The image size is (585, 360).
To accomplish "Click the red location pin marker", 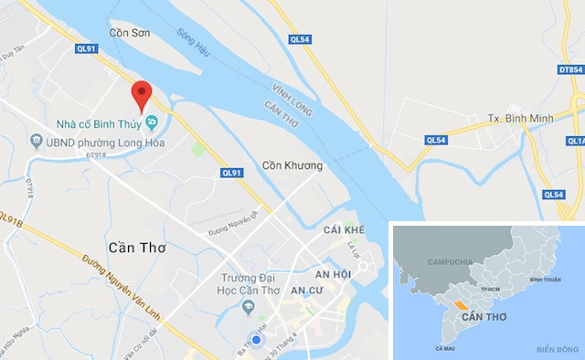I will coord(141,95).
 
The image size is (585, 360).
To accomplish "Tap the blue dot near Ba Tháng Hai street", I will coord(257,341).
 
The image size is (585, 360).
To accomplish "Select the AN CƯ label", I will coord(306,290).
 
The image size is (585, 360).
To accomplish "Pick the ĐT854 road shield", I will coord(570,69).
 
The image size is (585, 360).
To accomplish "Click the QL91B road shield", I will coord(9,219).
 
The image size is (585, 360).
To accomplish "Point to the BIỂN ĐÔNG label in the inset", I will coord(557,349).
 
